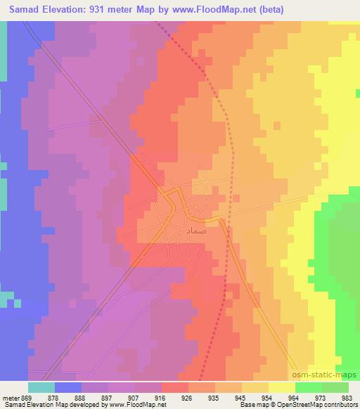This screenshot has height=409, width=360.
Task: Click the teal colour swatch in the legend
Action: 41,387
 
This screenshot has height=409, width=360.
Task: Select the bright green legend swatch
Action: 308,387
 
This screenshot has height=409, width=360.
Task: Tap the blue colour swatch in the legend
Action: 68,387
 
